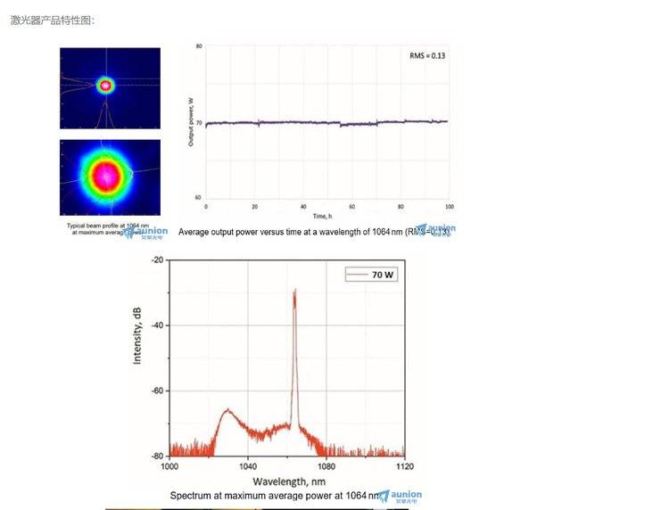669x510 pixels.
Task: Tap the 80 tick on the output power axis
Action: (x=198, y=45)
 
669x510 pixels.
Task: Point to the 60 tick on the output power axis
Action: (x=198, y=197)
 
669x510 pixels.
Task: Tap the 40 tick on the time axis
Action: (x=303, y=206)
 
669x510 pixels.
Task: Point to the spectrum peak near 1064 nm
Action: (x=294, y=292)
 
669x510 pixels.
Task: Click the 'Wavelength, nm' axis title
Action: (x=288, y=481)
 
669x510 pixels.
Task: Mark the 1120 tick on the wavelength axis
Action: (x=404, y=466)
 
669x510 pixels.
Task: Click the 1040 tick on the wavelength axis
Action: (x=248, y=466)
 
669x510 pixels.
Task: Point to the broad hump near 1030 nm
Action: (x=227, y=411)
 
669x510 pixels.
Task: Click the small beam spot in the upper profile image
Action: (x=106, y=86)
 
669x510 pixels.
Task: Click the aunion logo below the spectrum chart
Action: (x=401, y=496)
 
